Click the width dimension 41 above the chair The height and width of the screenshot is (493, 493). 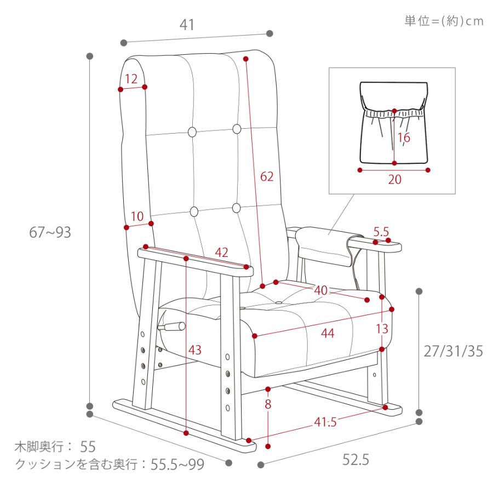click(x=187, y=25)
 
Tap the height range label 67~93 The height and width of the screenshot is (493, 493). click(x=50, y=232)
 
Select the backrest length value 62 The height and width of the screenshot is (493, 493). click(x=267, y=176)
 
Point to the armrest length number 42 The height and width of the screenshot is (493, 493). click(x=221, y=252)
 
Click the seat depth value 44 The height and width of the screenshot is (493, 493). click(x=328, y=333)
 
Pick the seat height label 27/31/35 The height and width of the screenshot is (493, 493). click(x=453, y=351)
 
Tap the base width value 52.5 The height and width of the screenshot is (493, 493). click(x=356, y=460)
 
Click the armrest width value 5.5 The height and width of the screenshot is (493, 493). click(x=381, y=232)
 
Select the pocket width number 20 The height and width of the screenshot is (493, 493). click(x=394, y=180)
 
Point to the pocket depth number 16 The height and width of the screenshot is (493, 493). click(x=404, y=137)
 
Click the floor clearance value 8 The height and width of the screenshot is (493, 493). click(x=268, y=404)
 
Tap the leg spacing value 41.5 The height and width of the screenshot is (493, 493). click(x=325, y=422)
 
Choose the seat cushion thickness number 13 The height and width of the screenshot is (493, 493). click(x=382, y=329)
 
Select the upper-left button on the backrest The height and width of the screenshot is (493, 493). click(x=192, y=131)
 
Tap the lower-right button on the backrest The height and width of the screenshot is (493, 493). click(x=237, y=208)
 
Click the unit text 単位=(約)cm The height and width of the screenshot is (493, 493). click(x=444, y=21)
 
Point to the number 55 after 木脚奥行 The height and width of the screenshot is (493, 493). click(x=88, y=446)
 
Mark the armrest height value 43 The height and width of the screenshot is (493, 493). click(x=194, y=349)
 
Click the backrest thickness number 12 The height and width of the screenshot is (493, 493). click(x=131, y=79)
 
